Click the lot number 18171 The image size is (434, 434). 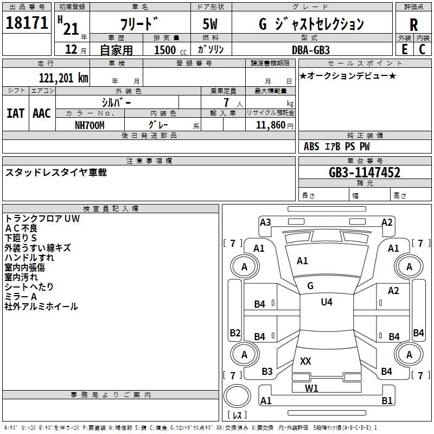click(x=26, y=23)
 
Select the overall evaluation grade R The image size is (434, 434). click(x=413, y=24)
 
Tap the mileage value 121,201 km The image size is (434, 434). click(x=63, y=78)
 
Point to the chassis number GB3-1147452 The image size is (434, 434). click(x=365, y=173)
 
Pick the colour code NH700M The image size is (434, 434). click(x=90, y=125)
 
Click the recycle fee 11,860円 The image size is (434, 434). click(x=270, y=125)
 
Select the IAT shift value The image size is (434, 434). click(x=15, y=113)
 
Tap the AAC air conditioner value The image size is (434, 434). click(x=41, y=113)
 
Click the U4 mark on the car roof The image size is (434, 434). click(x=326, y=302)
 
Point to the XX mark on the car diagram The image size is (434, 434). click(x=305, y=361)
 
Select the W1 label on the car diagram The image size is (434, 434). click(x=311, y=388)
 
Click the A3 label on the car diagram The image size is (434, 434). click(x=265, y=222)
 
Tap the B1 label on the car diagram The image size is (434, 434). click(x=387, y=401)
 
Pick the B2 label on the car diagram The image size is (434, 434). click(x=235, y=333)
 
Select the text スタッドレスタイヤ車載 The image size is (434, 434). click(x=56, y=173)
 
